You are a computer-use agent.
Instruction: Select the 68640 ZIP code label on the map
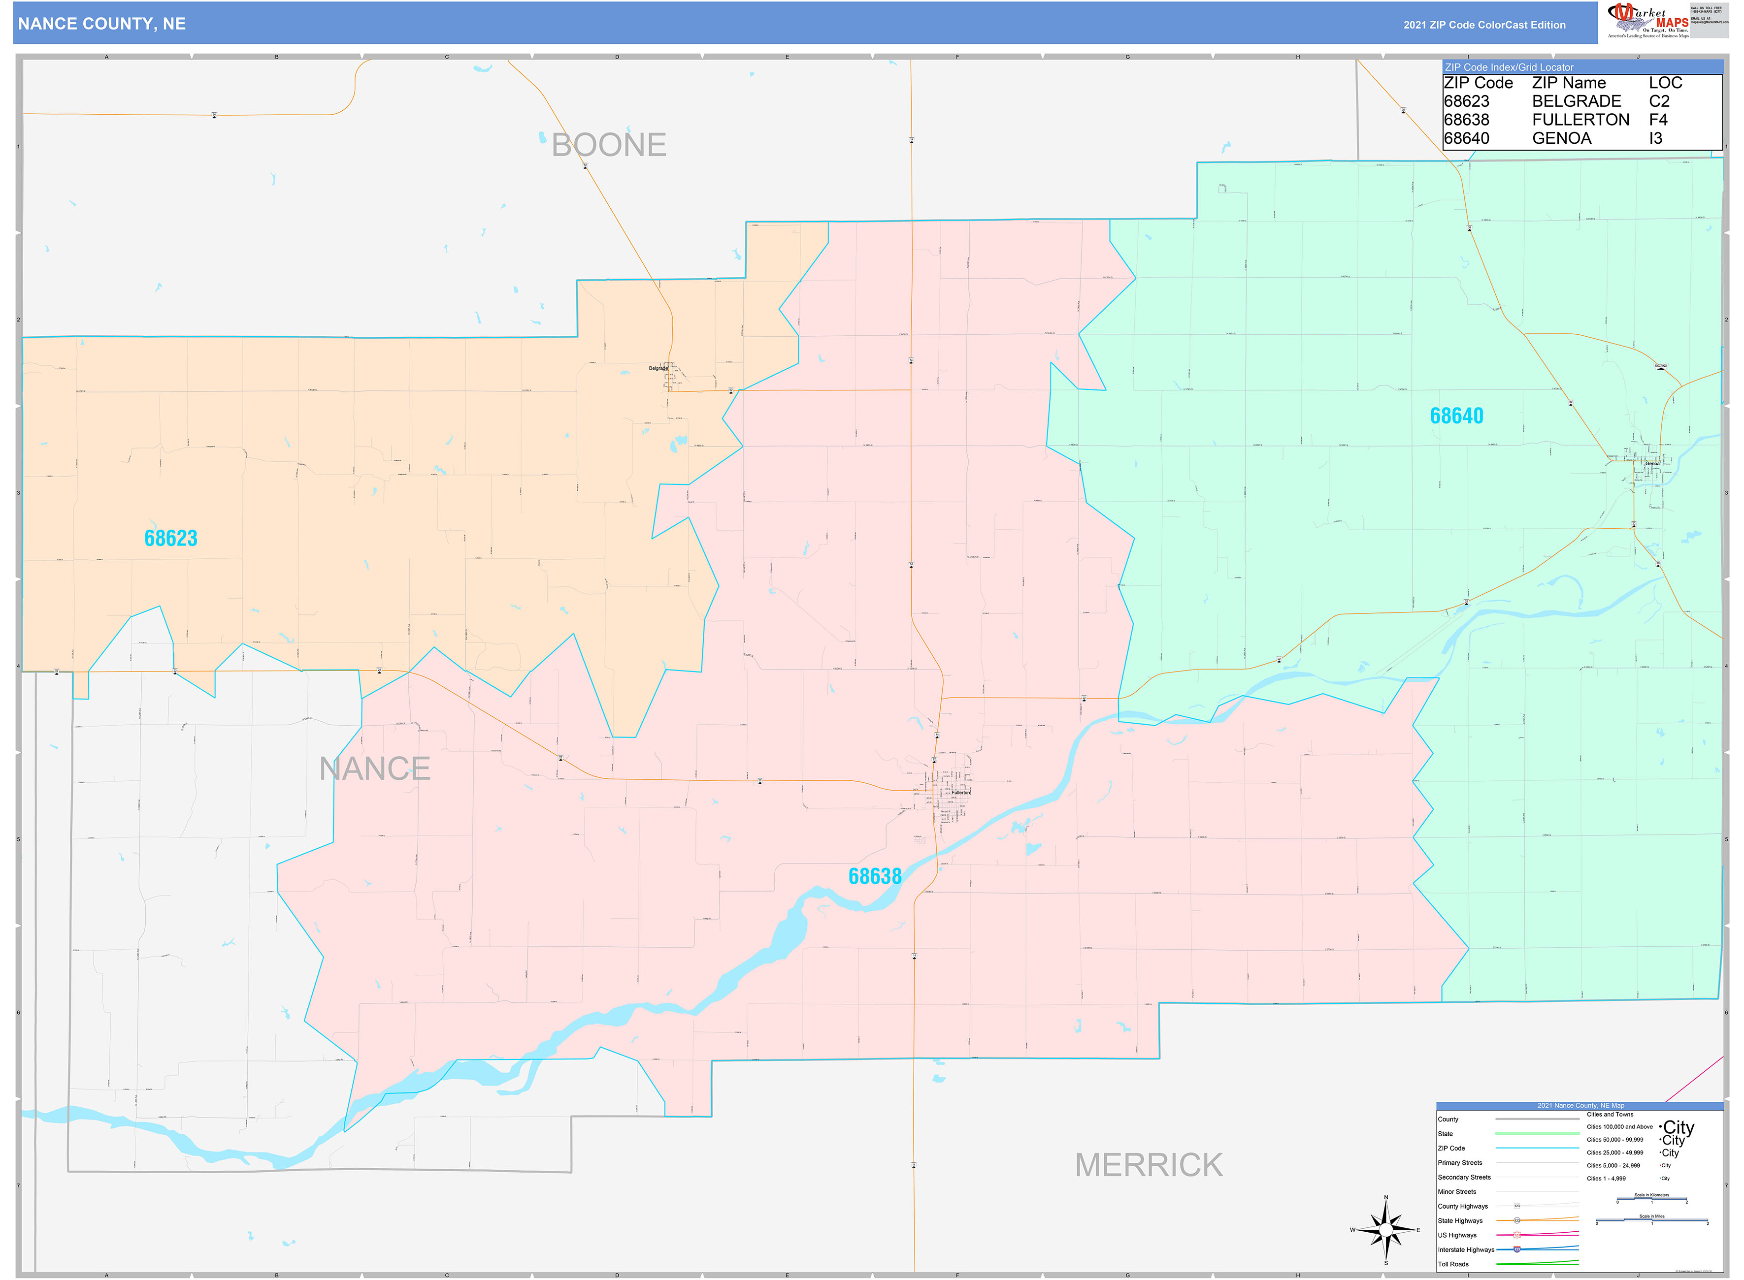click(x=1456, y=416)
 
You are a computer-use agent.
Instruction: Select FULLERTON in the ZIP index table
click(x=1580, y=120)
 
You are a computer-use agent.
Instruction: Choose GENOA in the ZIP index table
click(x=1561, y=139)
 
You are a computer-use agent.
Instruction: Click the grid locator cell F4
click(x=1658, y=120)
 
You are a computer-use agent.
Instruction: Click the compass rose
click(x=1386, y=1230)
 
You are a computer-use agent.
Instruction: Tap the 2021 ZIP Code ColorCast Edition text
click(x=1484, y=25)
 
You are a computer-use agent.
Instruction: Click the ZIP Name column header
click(x=1569, y=83)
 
